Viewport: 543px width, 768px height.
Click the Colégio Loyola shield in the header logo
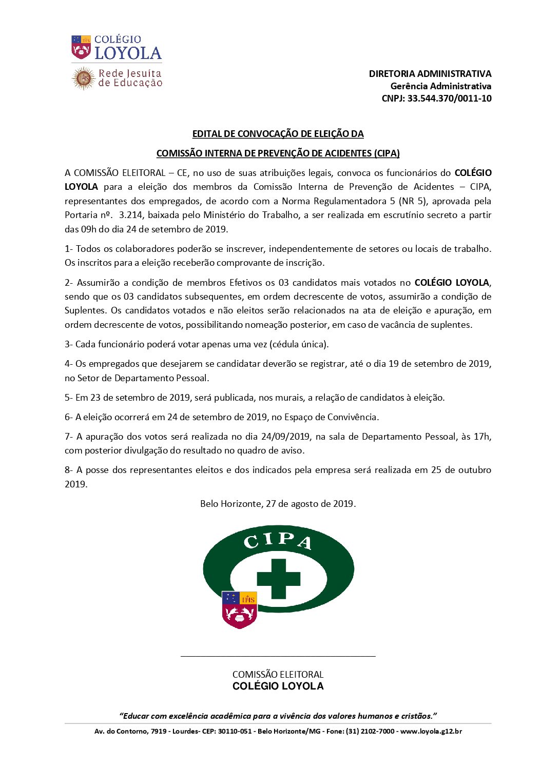81,47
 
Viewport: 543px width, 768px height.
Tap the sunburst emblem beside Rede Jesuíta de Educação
83,78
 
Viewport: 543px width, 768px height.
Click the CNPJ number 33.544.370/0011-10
449,99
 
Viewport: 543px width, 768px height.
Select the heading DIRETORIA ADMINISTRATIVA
430,74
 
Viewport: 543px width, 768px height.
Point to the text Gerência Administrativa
441,86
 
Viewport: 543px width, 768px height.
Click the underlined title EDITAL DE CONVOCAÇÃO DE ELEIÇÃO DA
278,134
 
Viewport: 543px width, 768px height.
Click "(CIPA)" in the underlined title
387,153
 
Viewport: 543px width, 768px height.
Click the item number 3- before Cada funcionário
69,344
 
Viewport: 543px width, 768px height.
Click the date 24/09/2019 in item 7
285,437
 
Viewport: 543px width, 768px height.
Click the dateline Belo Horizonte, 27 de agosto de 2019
278,504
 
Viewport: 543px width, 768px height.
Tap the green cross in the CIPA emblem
278,579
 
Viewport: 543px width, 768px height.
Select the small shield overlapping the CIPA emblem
239,609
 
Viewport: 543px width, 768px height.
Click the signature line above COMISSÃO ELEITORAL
278,656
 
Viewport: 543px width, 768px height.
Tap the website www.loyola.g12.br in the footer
431,731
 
